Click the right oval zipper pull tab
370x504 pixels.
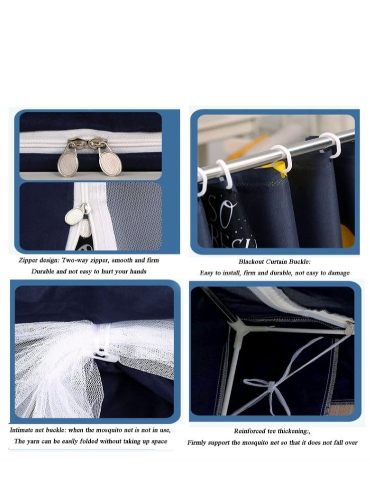tap(107, 161)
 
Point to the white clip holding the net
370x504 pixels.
tap(110, 356)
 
